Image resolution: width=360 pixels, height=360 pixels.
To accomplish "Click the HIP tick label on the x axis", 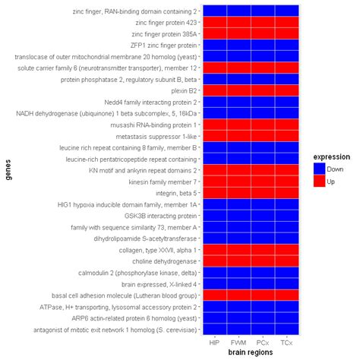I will pos(215,343).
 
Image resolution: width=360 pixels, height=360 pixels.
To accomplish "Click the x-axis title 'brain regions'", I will pos(251,353).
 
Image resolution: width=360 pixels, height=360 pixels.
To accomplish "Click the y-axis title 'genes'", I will pos(8,171).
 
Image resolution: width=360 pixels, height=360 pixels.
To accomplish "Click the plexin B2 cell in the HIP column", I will pos(215,90).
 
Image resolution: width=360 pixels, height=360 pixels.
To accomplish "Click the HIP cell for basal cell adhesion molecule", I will pos(215,295).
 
